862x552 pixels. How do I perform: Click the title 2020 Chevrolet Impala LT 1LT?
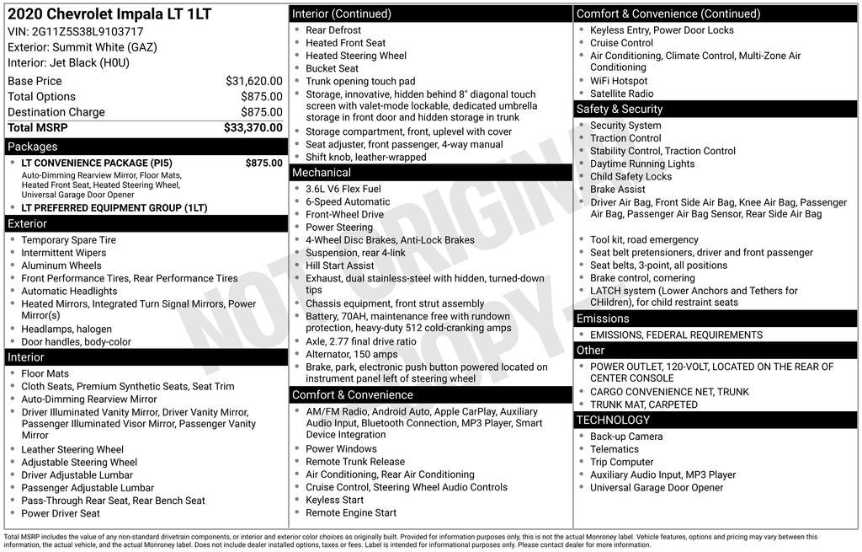point(109,14)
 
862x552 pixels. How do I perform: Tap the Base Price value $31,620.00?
point(253,81)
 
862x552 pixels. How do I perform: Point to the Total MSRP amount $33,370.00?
point(253,127)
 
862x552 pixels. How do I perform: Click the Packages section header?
point(33,147)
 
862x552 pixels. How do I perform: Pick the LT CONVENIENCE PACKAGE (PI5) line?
point(97,163)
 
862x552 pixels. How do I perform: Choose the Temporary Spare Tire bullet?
point(68,240)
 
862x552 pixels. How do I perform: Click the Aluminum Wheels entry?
point(61,265)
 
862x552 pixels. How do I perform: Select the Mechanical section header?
point(321,173)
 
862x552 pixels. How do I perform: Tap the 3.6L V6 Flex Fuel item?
point(343,189)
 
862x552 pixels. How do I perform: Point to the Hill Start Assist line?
point(339,265)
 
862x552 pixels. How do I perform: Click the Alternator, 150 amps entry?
point(351,355)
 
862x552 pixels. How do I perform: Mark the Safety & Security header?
point(620,110)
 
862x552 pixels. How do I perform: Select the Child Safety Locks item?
point(631,176)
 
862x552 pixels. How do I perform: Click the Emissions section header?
point(603,319)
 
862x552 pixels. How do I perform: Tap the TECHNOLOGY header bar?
point(613,420)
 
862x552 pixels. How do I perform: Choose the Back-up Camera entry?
point(625,437)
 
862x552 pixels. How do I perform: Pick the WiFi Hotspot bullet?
point(619,81)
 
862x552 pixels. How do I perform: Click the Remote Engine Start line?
point(350,512)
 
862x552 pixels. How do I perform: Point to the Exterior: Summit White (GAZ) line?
point(82,47)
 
